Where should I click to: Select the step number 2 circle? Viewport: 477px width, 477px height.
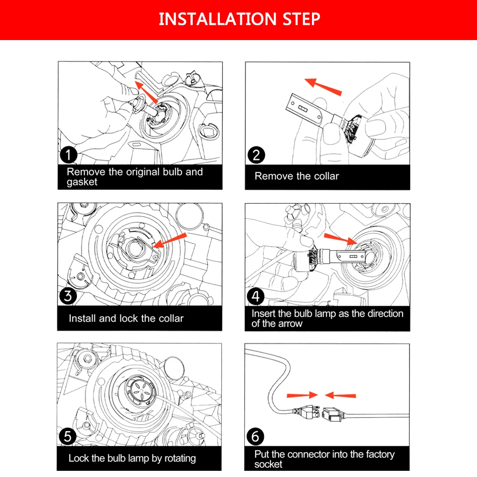(256, 155)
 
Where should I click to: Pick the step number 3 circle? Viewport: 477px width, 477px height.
(68, 296)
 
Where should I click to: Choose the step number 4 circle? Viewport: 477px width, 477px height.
(256, 296)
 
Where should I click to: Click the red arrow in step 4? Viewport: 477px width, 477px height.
(340, 238)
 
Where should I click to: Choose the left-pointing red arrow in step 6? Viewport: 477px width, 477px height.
(340, 395)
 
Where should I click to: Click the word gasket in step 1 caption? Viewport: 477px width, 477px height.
(82, 182)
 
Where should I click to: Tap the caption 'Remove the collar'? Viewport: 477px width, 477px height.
(296, 176)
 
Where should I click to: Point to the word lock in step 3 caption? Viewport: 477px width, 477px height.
(131, 318)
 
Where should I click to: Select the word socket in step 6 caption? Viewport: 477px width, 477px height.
(269, 464)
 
